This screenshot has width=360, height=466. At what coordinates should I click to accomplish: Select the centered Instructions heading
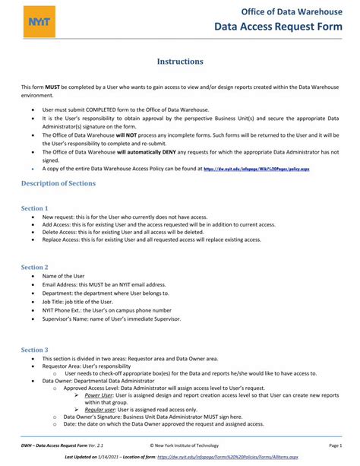(180, 61)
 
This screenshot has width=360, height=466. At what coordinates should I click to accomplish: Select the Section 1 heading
(34, 208)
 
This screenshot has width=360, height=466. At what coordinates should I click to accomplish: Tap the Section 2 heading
(34, 267)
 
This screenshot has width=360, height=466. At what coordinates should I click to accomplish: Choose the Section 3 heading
(34, 349)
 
